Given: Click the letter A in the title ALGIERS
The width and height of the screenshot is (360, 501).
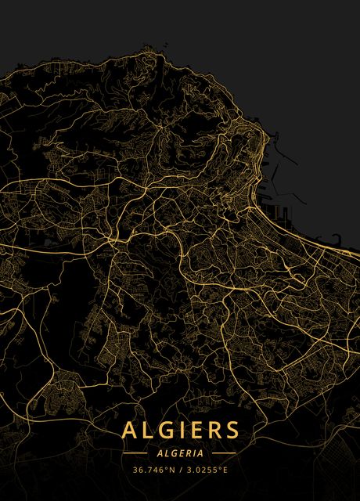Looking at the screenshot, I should (x=130, y=431).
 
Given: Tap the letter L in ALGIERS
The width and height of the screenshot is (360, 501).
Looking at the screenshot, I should (x=149, y=431).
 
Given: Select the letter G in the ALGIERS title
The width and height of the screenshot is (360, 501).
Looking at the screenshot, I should (x=169, y=431).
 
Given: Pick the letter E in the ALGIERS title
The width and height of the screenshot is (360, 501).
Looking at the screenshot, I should (x=199, y=431).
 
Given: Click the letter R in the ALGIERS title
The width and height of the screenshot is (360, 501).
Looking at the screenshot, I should (x=216, y=431).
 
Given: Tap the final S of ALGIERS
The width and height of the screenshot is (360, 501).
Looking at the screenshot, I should (x=233, y=431).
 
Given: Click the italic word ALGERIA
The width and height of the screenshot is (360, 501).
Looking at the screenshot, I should (x=180, y=452).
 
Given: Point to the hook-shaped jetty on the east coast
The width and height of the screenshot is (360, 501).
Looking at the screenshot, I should (x=337, y=239).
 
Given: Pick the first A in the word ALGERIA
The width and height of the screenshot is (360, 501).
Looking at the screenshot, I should (x=160, y=452).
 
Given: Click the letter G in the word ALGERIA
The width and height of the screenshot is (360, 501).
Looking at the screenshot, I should (x=174, y=452).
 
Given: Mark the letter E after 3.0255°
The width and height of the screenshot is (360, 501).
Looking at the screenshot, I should (x=225, y=470).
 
